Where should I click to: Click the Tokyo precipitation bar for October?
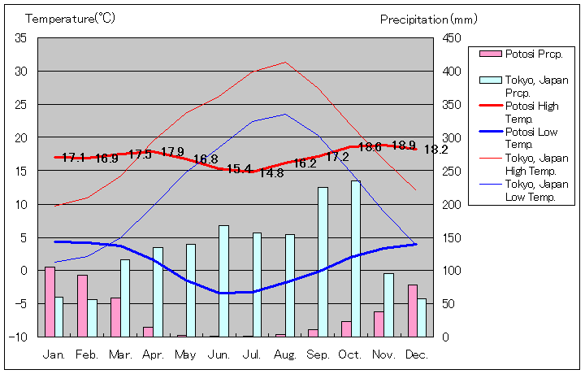click(x=356, y=259)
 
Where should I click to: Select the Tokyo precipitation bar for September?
click(x=323, y=262)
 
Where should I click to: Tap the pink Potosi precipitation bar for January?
click(x=50, y=301)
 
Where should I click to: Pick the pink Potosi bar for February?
click(x=82, y=305)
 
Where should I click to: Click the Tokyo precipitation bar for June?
click(x=223, y=280)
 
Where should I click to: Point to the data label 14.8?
click(x=271, y=173)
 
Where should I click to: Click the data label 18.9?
click(x=404, y=146)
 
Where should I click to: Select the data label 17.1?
click(x=73, y=158)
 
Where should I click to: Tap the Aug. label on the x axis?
click(x=284, y=355)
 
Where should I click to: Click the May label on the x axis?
click(x=185, y=355)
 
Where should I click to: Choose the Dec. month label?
click(x=417, y=355)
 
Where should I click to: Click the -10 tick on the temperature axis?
click(x=19, y=337)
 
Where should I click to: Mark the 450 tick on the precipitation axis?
click(x=452, y=38)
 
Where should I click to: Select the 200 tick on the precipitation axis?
click(x=452, y=204)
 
